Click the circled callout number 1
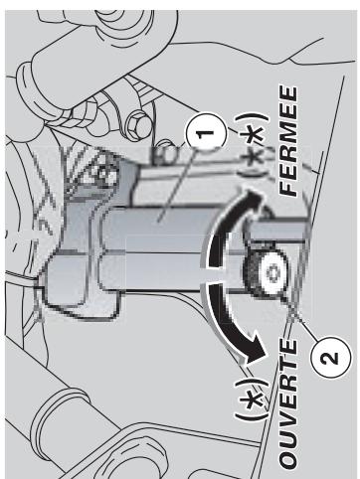tap(206, 134)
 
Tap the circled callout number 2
tap(330, 357)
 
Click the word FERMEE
tap(287, 141)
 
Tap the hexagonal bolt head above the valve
tap(137, 125)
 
